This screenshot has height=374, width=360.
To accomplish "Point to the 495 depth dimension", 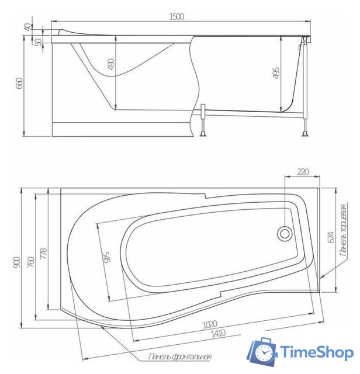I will click(x=276, y=72).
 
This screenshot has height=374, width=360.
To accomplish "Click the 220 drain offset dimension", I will click(x=303, y=172).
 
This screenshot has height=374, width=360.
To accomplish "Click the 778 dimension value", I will click(x=43, y=254).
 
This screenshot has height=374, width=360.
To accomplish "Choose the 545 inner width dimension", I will click(x=106, y=256).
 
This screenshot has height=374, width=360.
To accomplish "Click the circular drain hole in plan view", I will click(x=285, y=233).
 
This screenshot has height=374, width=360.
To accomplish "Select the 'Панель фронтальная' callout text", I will click(x=180, y=356).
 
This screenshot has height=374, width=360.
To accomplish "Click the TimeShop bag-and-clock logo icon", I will click(x=261, y=352).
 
